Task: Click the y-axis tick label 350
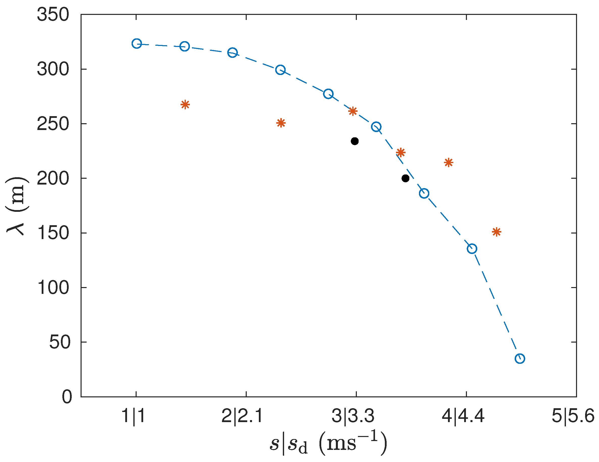click(x=53, y=15)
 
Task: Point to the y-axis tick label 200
click(x=53, y=178)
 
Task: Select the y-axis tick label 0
click(x=67, y=397)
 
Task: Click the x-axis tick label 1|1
click(x=134, y=416)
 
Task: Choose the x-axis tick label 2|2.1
click(x=242, y=416)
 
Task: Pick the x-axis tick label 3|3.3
click(x=353, y=416)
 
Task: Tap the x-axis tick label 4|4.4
click(x=463, y=416)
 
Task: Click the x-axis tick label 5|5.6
click(x=573, y=416)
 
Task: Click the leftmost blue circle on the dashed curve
click(x=137, y=44)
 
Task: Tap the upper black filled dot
click(x=355, y=141)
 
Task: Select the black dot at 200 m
click(x=405, y=178)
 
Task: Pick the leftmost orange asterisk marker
click(x=185, y=105)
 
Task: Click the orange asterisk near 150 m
click(x=496, y=232)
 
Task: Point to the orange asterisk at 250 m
click(x=281, y=123)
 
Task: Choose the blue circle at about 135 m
click(x=472, y=249)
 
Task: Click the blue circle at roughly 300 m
click(x=280, y=70)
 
